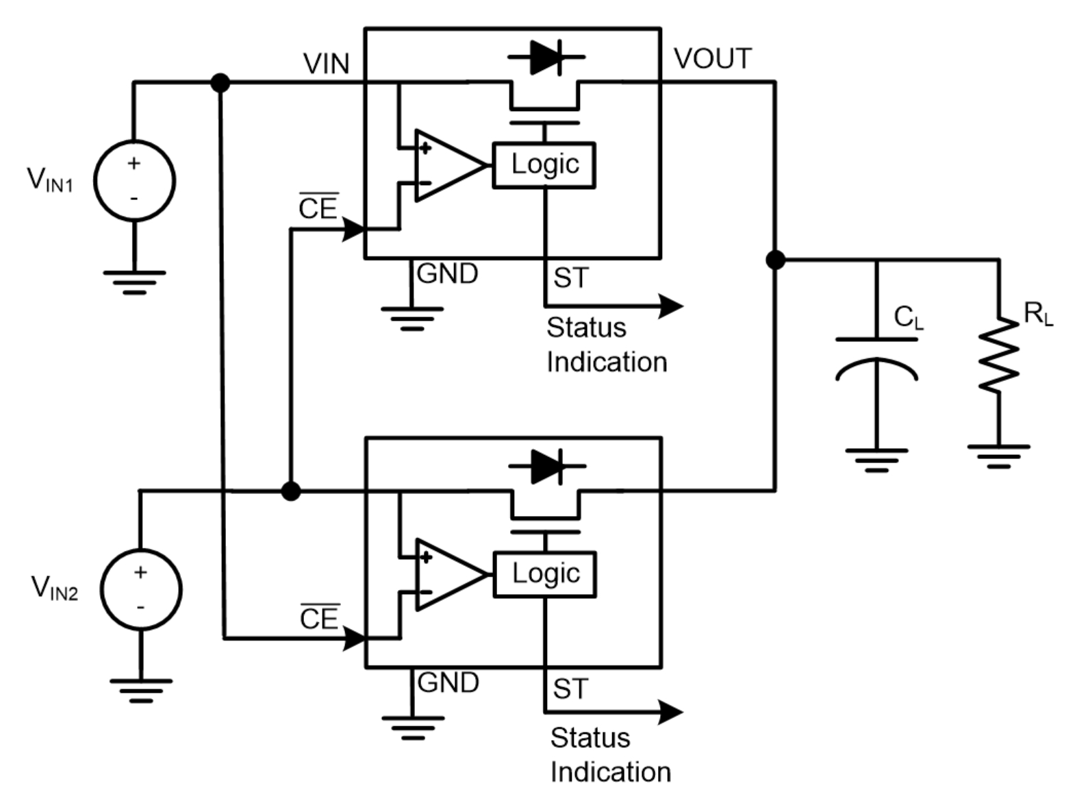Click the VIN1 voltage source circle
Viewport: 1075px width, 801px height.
coord(134,181)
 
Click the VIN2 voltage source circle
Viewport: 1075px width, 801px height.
coord(141,589)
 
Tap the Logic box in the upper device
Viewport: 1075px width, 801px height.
coord(544,165)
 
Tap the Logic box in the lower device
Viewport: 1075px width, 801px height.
coord(545,574)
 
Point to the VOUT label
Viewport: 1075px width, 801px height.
coord(713,59)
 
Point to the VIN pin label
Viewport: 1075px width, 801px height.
coord(326,64)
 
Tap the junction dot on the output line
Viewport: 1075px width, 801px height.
coord(775,260)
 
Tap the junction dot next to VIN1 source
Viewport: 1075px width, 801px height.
coord(220,83)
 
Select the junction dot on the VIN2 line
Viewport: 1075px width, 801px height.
coord(291,491)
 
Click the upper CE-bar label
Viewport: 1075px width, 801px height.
coord(318,208)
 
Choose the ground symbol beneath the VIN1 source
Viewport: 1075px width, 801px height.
coord(134,282)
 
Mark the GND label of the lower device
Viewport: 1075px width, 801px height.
coord(448,682)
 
